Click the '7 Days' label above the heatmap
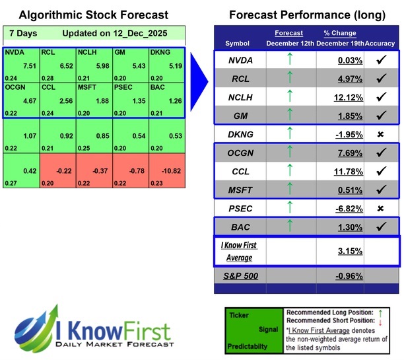22,33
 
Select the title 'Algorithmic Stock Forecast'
93,15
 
